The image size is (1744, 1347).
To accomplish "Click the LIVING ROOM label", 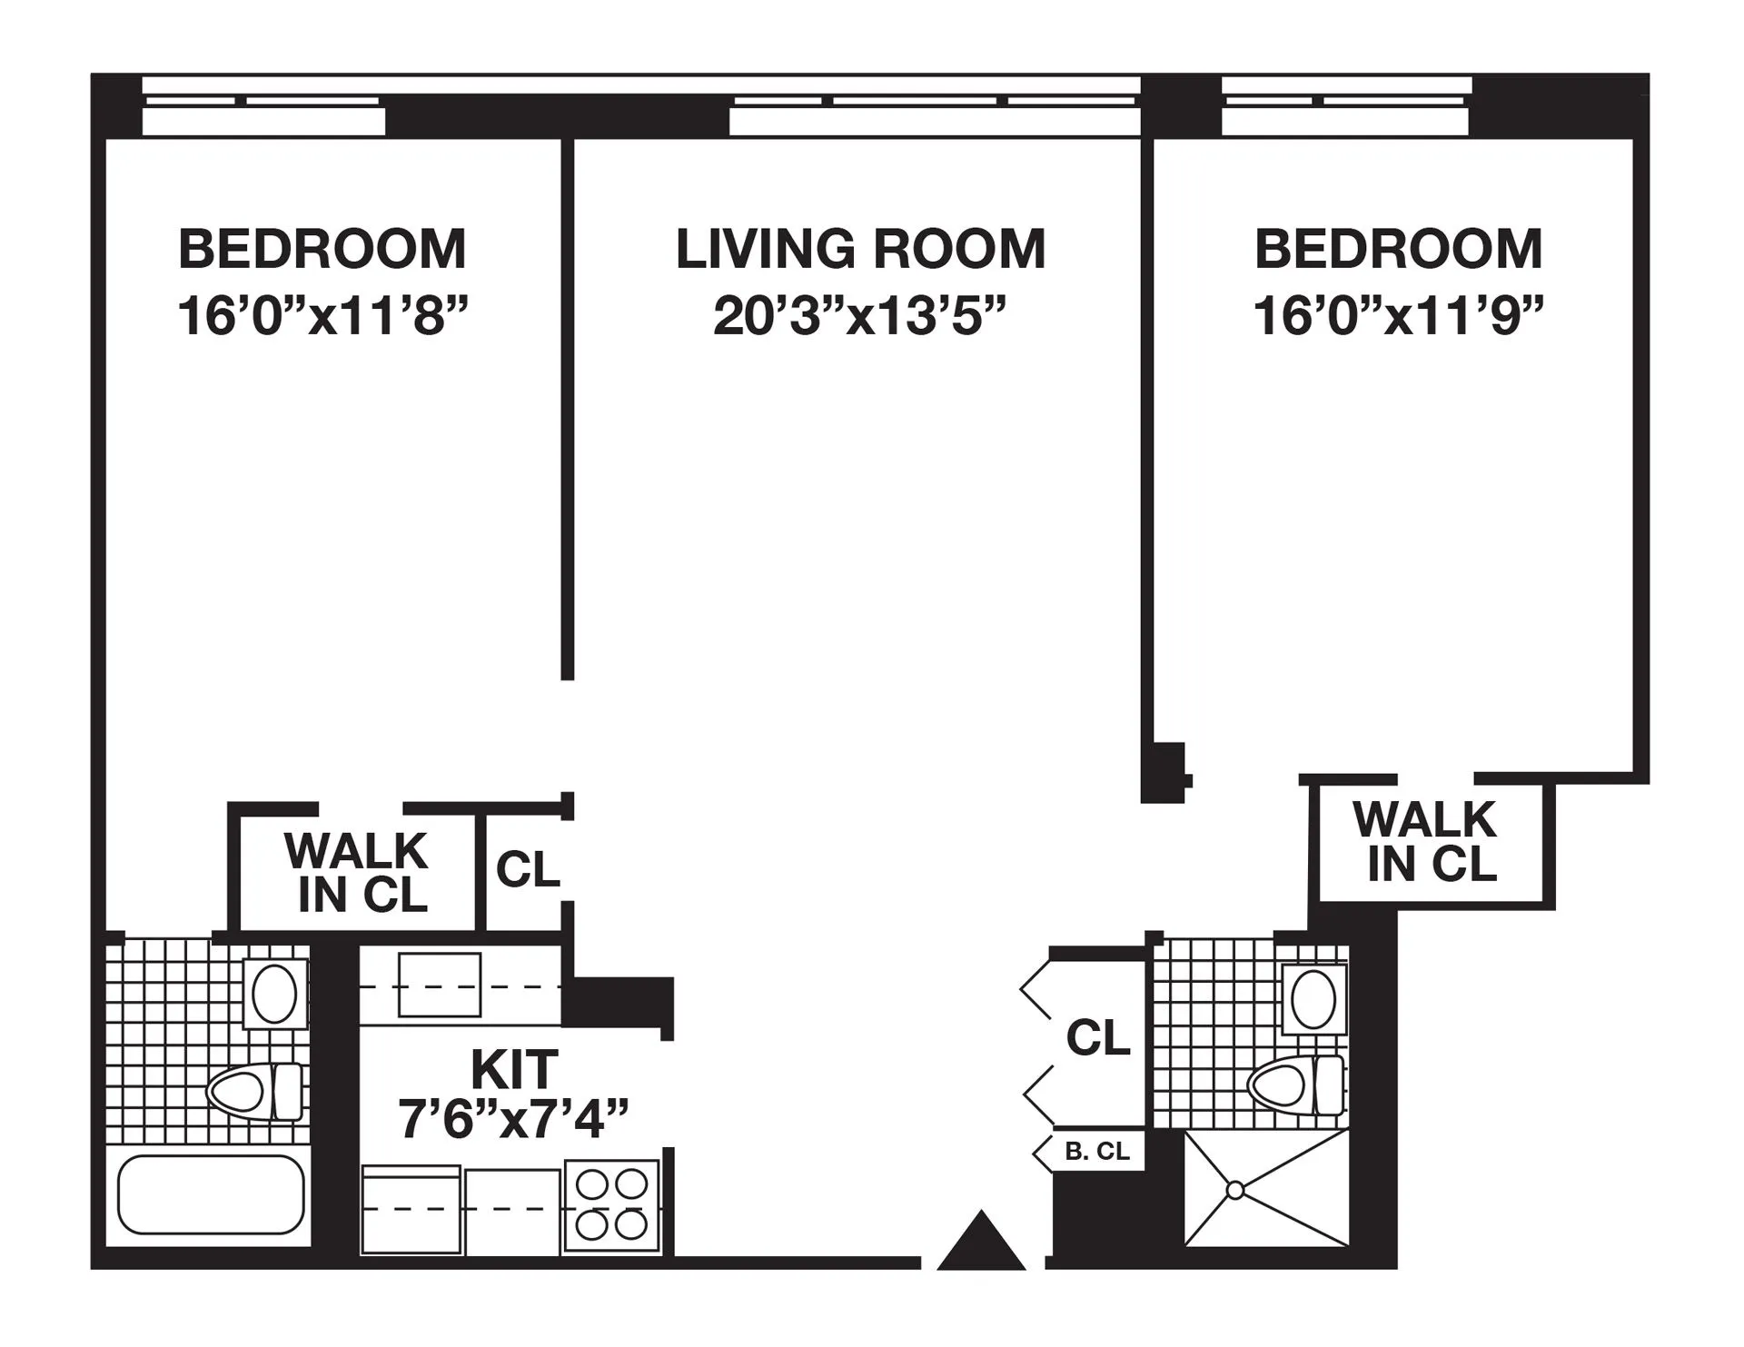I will click(860, 249).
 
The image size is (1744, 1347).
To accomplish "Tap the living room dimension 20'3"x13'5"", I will click(860, 317).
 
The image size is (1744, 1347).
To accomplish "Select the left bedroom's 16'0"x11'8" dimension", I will click(322, 317).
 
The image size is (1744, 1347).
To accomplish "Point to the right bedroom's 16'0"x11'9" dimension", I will click(1398, 317).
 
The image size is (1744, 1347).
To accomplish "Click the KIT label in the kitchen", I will click(514, 1069).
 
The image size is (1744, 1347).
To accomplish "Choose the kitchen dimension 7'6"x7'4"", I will click(514, 1119).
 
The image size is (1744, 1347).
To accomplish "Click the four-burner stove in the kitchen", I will click(611, 1205).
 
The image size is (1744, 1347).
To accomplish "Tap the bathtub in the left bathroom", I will click(211, 1194).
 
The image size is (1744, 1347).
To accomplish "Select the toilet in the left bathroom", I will click(254, 1090).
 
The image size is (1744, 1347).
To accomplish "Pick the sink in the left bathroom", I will click(274, 994).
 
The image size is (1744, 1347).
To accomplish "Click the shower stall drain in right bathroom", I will click(1234, 1189).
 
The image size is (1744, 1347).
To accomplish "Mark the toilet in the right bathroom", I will click(1294, 1085).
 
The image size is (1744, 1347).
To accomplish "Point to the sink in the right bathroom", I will click(1313, 997).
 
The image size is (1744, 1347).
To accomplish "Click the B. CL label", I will click(1097, 1152).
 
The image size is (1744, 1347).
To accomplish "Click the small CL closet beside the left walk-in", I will click(528, 870).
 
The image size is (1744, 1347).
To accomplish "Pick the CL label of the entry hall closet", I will click(1098, 1037).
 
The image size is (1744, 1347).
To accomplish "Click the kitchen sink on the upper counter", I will click(440, 985).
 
